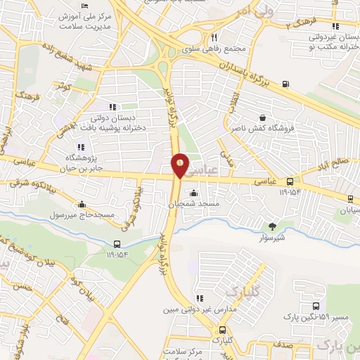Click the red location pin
[181, 165]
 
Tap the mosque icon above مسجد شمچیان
[194, 193]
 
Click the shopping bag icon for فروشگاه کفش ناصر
[262, 118]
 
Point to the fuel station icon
[285, 84]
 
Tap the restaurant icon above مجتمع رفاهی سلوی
[214, 39]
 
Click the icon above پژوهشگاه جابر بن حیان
[80, 147]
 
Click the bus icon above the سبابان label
[350, 200]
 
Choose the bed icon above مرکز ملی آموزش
[85, 5]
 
